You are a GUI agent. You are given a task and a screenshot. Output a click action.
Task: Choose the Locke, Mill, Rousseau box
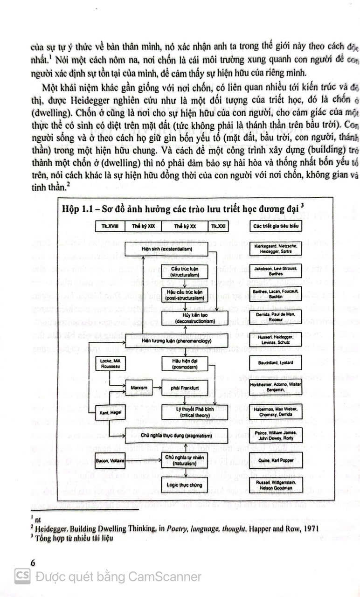coord(108,364)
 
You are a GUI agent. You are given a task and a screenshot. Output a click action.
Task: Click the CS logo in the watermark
coord(22,576)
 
